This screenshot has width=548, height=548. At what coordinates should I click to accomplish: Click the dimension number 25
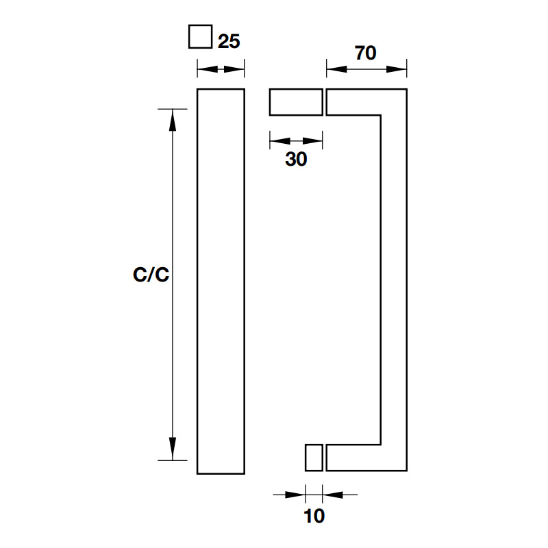tap(229, 41)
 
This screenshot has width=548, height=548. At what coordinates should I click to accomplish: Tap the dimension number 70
tap(366, 53)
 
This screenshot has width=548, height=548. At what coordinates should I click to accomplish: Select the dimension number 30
tap(296, 160)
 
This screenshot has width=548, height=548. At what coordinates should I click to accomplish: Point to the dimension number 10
tap(314, 516)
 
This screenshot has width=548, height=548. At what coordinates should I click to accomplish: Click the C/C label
tap(151, 275)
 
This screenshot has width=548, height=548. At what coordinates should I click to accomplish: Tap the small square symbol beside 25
tap(200, 36)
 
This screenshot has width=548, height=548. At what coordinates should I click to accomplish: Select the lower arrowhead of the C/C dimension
tap(173, 450)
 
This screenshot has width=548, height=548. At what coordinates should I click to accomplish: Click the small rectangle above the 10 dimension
tap(314, 458)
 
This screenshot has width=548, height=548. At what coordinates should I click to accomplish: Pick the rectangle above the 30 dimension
tap(295, 102)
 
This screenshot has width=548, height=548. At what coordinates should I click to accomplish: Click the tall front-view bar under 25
tap(221, 281)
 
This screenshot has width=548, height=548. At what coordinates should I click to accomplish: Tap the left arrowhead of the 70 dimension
tap(335, 68)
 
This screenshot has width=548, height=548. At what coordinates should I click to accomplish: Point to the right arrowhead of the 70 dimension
tap(399, 68)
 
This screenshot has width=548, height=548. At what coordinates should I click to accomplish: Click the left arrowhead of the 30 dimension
tap(277, 142)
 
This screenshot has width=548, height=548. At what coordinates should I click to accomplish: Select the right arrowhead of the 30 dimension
tap(314, 142)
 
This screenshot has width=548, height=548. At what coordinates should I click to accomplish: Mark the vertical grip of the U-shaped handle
tap(394, 281)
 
